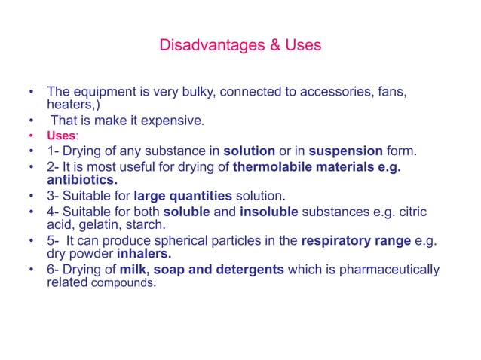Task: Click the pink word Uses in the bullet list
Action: (x=61, y=135)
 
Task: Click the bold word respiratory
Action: (x=336, y=240)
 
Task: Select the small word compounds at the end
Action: (x=124, y=284)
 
